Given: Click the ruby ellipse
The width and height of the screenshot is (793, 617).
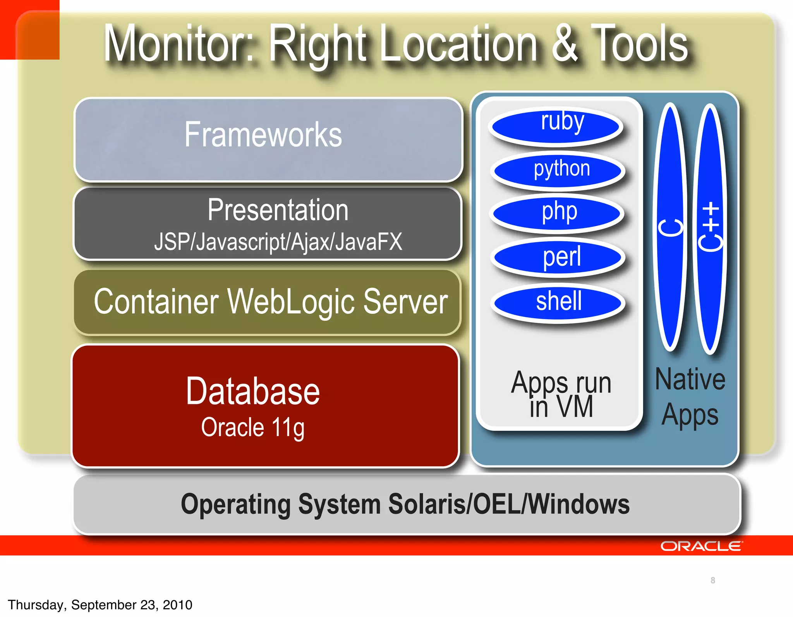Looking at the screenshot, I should [556, 126].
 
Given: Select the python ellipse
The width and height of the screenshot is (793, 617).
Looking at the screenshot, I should [558, 171].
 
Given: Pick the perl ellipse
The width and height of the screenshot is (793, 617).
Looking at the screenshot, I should [558, 257].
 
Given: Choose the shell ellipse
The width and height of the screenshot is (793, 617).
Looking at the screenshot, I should [558, 303].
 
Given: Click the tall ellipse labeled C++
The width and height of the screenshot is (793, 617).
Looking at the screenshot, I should [710, 229].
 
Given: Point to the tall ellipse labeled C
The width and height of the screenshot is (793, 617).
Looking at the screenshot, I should [670, 227].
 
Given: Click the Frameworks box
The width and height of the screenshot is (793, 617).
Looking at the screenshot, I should [268, 139].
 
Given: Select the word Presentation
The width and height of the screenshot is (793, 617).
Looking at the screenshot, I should [278, 210].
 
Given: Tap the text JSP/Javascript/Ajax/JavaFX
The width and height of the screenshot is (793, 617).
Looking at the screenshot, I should [278, 242].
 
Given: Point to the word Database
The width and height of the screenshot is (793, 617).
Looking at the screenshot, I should [253, 392].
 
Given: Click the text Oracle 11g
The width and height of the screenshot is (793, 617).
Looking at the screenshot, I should [253, 428].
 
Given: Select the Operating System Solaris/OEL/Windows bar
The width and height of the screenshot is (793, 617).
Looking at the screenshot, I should [406, 504].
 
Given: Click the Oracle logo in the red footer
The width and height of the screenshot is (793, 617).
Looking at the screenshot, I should [701, 546].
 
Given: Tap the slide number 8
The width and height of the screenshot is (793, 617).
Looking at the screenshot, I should [713, 580].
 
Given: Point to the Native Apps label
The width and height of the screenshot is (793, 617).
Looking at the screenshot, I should [690, 397].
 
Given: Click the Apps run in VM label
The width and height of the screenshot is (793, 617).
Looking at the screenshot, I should [561, 394].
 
